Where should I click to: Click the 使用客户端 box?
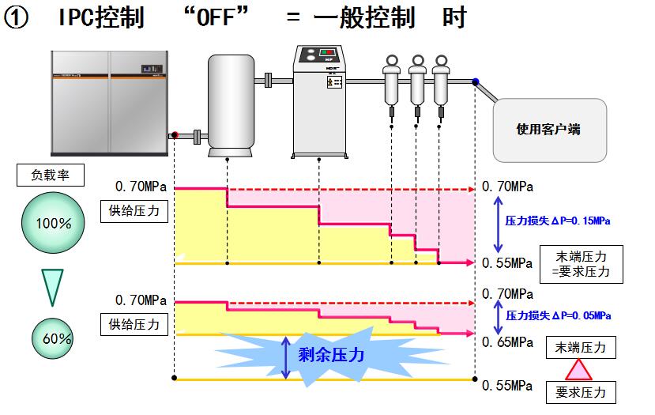tap(548, 130)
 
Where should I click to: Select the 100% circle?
tap(54, 224)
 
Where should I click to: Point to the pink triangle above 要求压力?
tap(580, 370)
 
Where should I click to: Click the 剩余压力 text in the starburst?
tap(331, 355)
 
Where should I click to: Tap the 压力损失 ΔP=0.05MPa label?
tap(558, 315)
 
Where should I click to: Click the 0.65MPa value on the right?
tap(508, 342)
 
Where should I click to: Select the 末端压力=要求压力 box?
tap(580, 264)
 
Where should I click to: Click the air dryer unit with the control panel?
tap(318, 96)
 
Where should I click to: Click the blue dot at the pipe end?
tap(475, 81)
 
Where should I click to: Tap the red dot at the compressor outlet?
tap(175, 135)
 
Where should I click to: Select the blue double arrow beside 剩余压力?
tap(287, 357)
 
